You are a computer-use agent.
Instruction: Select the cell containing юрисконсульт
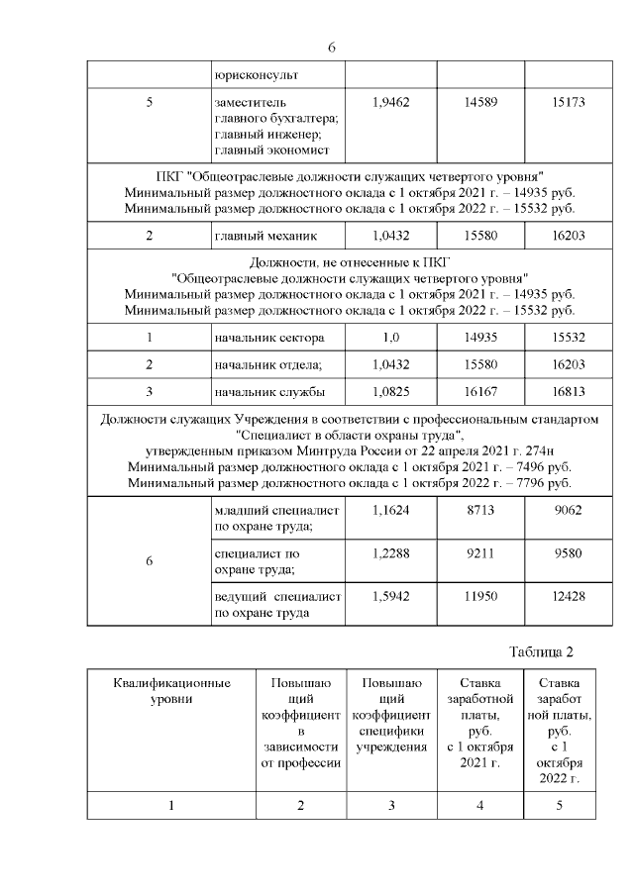tap(256, 75)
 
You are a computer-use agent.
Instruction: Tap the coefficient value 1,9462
tap(390, 102)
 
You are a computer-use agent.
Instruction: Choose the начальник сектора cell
tap(268, 339)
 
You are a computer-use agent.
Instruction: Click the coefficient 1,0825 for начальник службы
tap(390, 391)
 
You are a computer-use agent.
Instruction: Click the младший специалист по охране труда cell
tap(277, 518)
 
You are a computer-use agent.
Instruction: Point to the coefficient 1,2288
tap(390, 553)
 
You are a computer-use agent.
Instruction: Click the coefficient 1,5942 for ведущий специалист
tap(390, 597)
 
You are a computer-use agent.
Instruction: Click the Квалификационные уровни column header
tap(171, 691)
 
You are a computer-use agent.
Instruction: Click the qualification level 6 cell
tap(149, 561)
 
